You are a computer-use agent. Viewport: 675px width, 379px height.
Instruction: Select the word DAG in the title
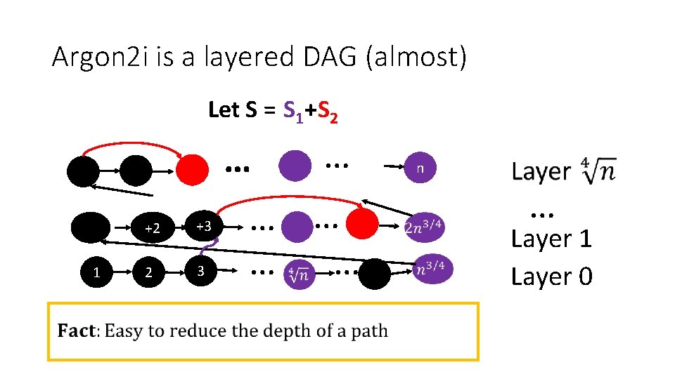coord(330,57)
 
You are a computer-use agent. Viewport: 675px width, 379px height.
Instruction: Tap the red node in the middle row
coord(363,225)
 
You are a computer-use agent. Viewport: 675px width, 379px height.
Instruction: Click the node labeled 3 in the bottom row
coord(200,272)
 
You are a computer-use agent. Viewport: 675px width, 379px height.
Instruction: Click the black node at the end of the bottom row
coord(374,274)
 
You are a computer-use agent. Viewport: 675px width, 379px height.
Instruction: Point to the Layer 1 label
coord(551,239)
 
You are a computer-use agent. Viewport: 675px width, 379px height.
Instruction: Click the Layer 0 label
coord(551,277)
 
